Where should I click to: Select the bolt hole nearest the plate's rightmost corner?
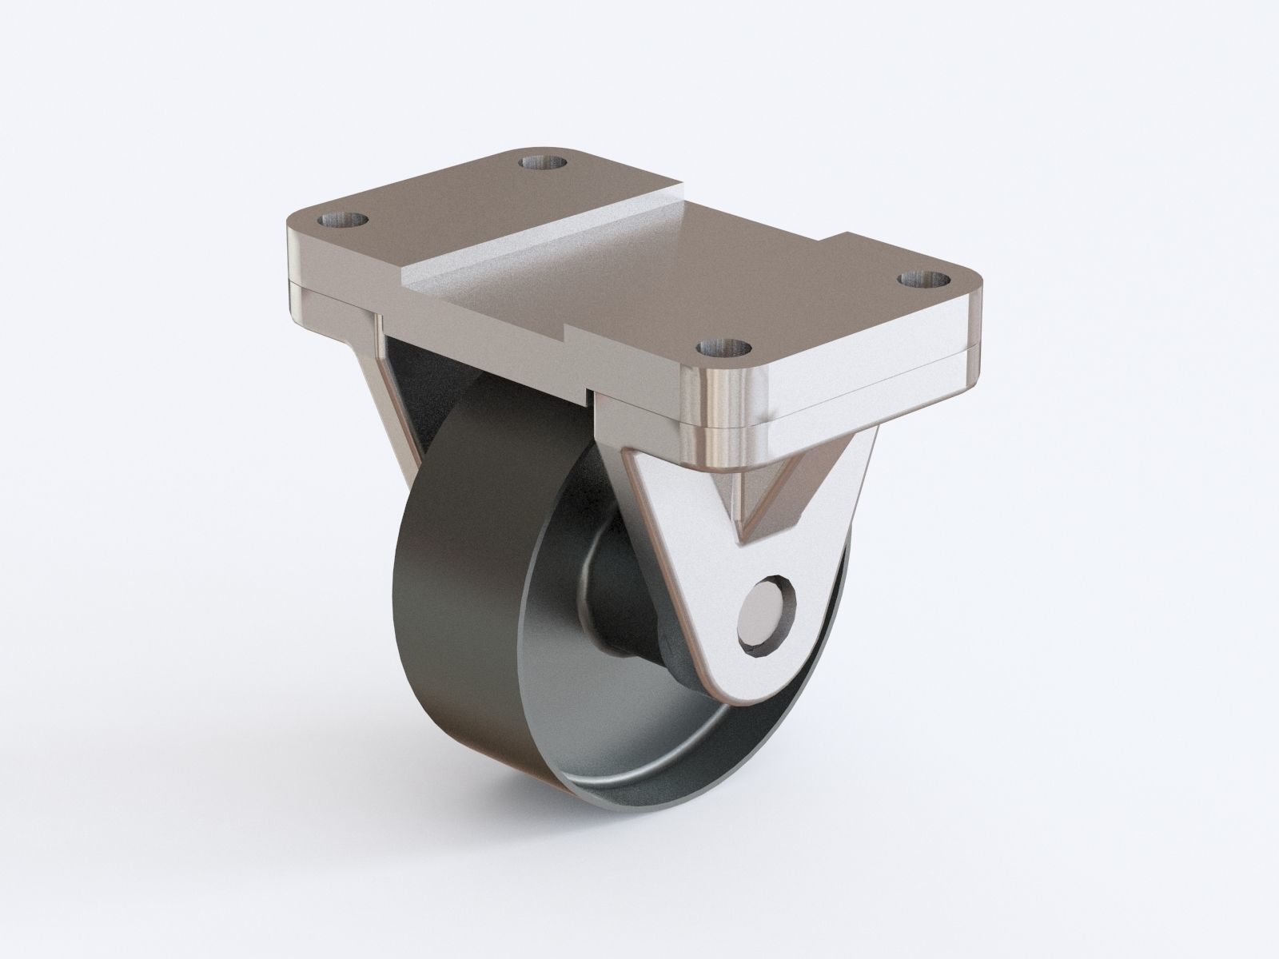923,280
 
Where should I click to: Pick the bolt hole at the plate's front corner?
724,348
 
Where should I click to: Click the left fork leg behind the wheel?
400,400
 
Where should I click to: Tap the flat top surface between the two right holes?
823,312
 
